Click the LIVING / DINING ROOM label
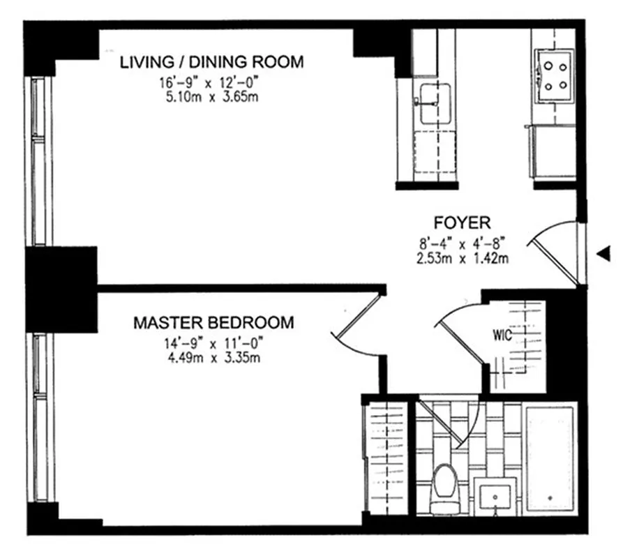(x=211, y=62)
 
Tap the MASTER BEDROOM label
(x=213, y=323)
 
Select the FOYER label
(x=463, y=223)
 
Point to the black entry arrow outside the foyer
(x=605, y=255)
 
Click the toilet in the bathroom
(x=443, y=488)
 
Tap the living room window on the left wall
(x=38, y=160)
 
